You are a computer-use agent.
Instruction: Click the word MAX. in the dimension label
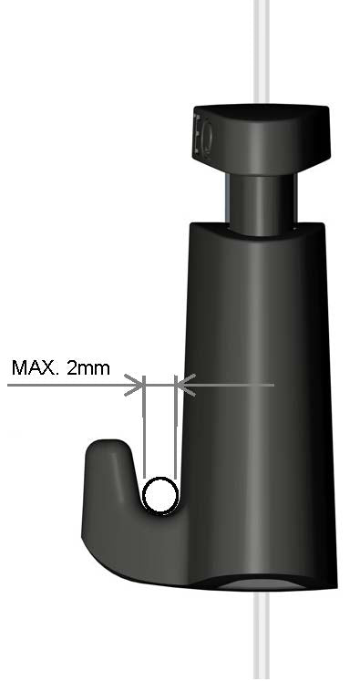click(x=35, y=368)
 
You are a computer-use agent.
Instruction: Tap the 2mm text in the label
click(x=88, y=368)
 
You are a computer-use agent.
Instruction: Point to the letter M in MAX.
click(x=19, y=368)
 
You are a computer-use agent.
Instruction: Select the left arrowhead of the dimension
click(x=134, y=385)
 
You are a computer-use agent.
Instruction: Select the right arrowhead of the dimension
click(x=185, y=385)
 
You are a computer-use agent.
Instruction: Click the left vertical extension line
click(x=144, y=428)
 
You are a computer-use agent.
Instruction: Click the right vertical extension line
click(x=175, y=428)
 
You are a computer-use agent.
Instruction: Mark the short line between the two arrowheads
click(x=159, y=385)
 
